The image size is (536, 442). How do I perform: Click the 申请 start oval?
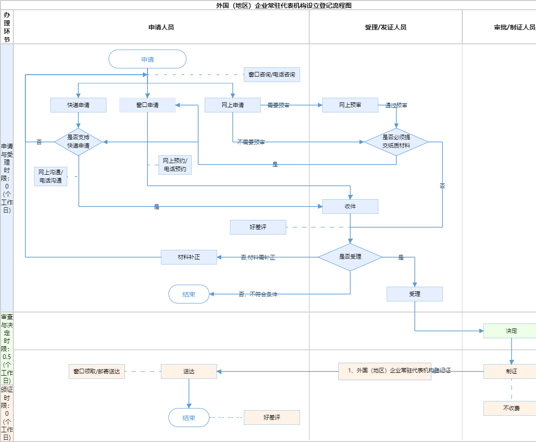[x=147, y=59]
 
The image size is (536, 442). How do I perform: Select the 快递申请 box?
[x=78, y=105]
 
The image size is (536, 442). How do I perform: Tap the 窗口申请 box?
[x=147, y=105]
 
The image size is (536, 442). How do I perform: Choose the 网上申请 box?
[x=233, y=105]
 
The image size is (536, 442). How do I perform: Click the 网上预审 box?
[x=350, y=105]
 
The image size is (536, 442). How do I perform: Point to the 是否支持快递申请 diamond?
[x=78, y=142]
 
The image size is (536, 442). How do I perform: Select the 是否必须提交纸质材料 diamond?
[x=396, y=142]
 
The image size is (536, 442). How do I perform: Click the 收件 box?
[x=350, y=206]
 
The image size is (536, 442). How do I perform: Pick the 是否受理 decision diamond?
[x=350, y=257]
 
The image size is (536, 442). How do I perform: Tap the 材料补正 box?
[x=189, y=257]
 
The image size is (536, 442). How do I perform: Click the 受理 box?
[x=415, y=294]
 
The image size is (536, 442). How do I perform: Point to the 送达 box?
[x=189, y=371]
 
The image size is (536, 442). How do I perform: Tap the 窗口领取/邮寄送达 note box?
[x=97, y=371]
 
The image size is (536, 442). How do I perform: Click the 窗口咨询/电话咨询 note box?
[x=272, y=75]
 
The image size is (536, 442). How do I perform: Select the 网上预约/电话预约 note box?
[x=175, y=165]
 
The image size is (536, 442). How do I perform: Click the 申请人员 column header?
[x=161, y=27]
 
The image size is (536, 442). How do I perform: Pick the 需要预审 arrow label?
[x=278, y=106]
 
